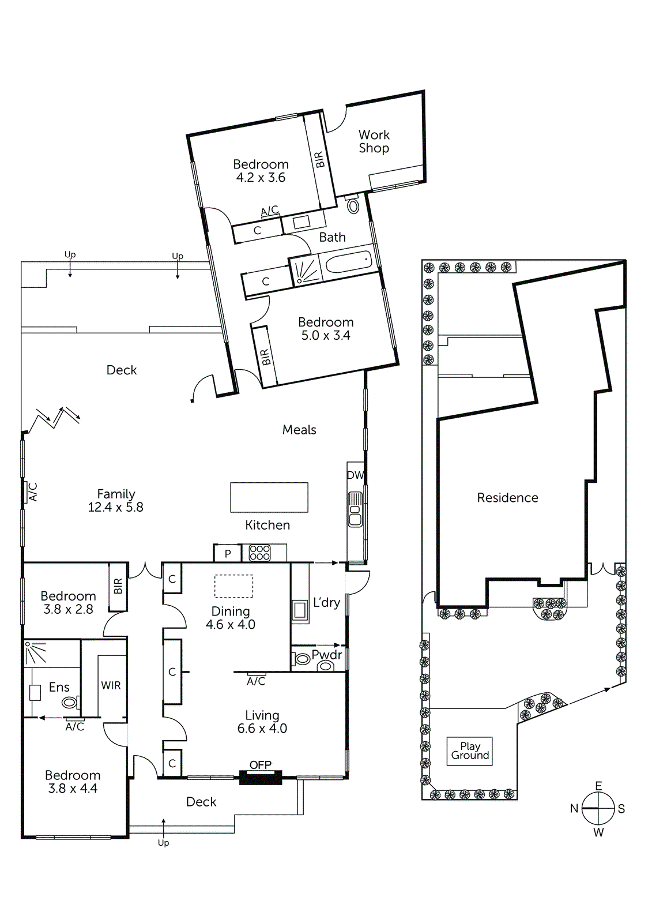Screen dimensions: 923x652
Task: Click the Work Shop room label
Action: point(374,141)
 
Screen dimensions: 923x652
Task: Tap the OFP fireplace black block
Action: point(261,778)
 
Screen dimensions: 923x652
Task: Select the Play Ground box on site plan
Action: point(470,751)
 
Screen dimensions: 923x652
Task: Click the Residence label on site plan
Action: point(507,498)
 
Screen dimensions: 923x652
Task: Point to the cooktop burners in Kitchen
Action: point(259,553)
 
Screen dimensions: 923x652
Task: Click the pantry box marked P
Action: point(228,554)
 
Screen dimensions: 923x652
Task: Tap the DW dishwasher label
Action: point(355,475)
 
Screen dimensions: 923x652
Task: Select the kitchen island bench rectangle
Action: point(269,497)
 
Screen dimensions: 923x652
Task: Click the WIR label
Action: point(111,685)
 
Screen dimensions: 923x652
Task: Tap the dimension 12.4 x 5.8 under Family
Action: point(115,508)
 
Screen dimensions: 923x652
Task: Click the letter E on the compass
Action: point(598,786)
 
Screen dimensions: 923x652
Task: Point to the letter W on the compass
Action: point(598,832)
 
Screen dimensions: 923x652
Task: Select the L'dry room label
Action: point(326,603)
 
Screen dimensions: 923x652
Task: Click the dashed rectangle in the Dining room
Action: point(233,586)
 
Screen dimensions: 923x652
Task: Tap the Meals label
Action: point(299,430)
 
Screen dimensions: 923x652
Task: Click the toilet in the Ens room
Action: point(70,703)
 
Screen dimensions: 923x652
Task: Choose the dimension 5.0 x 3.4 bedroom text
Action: point(326,336)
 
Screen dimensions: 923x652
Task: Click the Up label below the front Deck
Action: point(163,843)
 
